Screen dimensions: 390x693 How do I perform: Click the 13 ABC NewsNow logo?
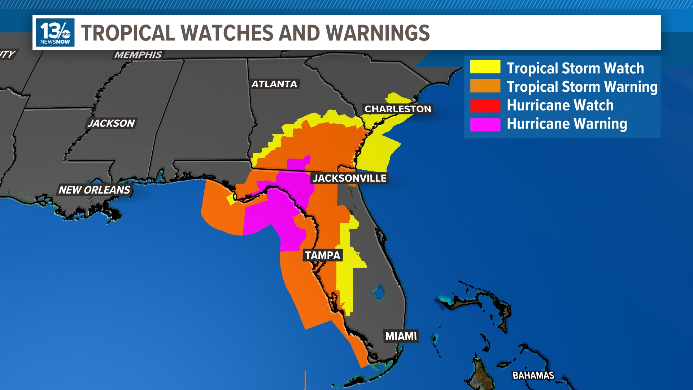(55, 32)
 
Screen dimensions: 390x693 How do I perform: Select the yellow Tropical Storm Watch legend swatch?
(485, 67)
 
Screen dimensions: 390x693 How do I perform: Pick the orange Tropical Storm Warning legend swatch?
(485, 86)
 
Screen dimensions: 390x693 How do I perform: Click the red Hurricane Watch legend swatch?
(485, 105)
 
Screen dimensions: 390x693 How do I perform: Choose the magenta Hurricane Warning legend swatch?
(485, 124)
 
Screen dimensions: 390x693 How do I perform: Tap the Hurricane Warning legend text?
(567, 124)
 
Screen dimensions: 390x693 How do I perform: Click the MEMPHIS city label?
(138, 55)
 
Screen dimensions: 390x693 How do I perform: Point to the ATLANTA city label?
(274, 84)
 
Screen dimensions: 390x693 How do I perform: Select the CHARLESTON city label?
(398, 109)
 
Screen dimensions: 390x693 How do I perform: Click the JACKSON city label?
(111, 123)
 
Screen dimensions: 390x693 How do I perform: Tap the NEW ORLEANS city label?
(94, 190)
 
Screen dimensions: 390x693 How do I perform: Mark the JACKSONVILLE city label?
(349, 178)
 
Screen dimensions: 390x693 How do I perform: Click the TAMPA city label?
(322, 256)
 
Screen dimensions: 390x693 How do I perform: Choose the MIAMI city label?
(401, 336)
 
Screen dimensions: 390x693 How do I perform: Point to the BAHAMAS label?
(533, 376)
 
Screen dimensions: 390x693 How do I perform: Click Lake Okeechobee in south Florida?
(378, 292)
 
